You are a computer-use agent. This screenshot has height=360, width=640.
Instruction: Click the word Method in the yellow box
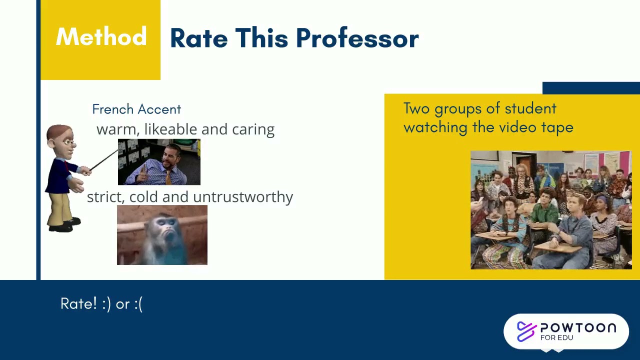(101, 37)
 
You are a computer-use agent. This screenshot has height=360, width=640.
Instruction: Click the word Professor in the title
(357, 38)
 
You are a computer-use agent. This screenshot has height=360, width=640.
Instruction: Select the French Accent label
(136, 109)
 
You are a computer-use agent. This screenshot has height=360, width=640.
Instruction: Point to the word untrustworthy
(243, 197)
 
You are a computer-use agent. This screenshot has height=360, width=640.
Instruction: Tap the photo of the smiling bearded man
(159, 162)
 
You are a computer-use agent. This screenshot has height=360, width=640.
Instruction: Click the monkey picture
(162, 235)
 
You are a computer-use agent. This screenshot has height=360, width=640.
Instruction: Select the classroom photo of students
(551, 210)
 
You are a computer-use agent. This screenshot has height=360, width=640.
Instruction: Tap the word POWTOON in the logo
(578, 328)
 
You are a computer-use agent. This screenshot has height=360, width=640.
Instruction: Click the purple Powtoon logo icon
(526, 331)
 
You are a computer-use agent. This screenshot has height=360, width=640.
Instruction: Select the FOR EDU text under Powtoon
(556, 337)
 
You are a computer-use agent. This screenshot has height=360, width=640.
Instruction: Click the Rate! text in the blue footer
(78, 304)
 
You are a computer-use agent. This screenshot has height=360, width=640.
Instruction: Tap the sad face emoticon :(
(138, 304)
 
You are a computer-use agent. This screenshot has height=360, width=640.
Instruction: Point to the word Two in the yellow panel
(416, 108)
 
